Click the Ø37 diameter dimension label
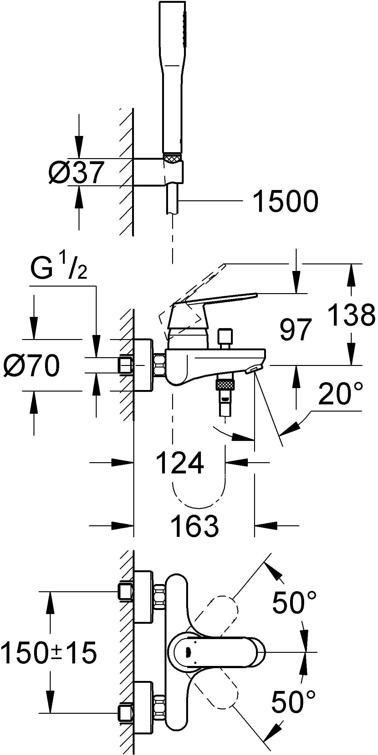(x=76, y=172)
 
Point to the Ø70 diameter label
(x=31, y=365)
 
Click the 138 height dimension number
(x=351, y=315)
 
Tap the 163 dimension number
(x=195, y=526)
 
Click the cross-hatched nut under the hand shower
(x=172, y=158)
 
